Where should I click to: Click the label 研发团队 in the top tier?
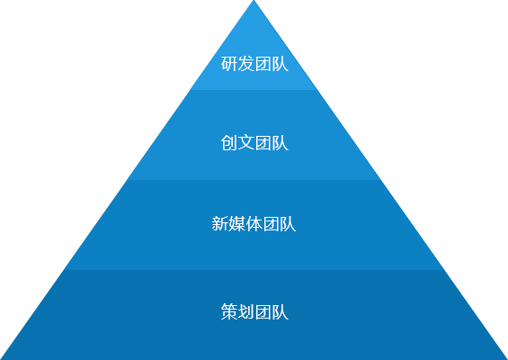(x=254, y=64)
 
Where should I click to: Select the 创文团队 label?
(x=254, y=143)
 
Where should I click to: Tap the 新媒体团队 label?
(x=254, y=224)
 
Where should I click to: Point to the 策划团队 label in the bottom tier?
(x=254, y=311)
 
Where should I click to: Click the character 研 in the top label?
(x=229, y=64)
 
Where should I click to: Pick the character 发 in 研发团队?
(x=245, y=64)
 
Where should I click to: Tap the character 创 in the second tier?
(x=229, y=143)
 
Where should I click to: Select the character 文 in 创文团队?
(x=245, y=143)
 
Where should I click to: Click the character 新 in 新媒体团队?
(x=220, y=224)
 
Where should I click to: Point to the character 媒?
(x=237, y=224)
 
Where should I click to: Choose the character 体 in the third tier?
(x=254, y=224)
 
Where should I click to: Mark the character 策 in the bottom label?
(x=229, y=311)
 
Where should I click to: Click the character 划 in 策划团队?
(x=245, y=311)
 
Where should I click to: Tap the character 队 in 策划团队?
(x=280, y=311)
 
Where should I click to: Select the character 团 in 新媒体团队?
(x=271, y=224)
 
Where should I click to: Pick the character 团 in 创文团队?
(x=263, y=143)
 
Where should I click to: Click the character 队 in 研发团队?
(x=280, y=64)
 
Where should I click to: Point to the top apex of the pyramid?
(x=254, y=0)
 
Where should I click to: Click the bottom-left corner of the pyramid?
(x=0, y=359)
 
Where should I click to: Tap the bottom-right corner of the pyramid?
(x=507, y=359)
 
